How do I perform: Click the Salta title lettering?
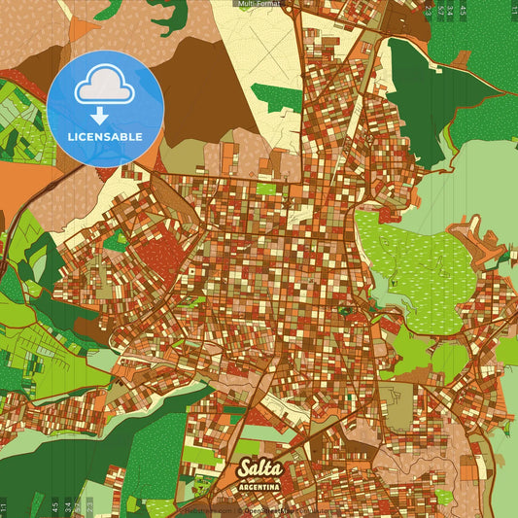coord(259,468)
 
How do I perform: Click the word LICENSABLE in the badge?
coord(105,137)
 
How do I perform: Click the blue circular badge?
coord(105,109)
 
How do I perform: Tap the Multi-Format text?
coord(259,4)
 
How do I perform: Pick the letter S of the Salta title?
coord(243,468)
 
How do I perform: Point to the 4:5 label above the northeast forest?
coord(463,12)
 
